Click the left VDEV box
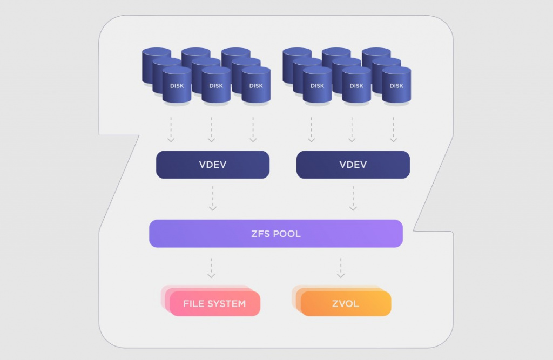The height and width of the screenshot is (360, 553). point(212,165)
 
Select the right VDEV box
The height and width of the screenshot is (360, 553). point(353,165)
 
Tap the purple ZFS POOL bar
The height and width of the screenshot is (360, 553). point(275,234)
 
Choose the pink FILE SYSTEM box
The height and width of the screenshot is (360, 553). point(214,303)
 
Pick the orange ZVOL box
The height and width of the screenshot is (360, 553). point(346,303)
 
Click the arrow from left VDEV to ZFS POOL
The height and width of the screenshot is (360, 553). point(212,198)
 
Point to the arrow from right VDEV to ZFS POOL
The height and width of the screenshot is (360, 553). point(353,198)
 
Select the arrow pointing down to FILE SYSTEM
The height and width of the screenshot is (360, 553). point(212,268)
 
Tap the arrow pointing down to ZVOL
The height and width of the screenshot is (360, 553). point(341,268)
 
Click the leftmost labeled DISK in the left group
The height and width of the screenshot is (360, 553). point(177,85)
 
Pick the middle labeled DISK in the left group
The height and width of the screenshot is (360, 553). point(216,85)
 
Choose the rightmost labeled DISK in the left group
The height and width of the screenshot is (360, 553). point(256,85)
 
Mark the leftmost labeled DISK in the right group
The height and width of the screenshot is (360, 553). point(317,85)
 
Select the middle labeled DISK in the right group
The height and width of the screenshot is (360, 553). point(356,85)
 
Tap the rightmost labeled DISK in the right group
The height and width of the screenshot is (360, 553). point(396,85)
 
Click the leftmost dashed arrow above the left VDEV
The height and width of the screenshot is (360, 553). point(171,130)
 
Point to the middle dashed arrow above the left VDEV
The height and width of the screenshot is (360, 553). point(212,130)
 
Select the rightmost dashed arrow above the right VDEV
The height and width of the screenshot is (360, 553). point(393,130)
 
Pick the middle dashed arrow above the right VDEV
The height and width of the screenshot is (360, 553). point(352,130)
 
